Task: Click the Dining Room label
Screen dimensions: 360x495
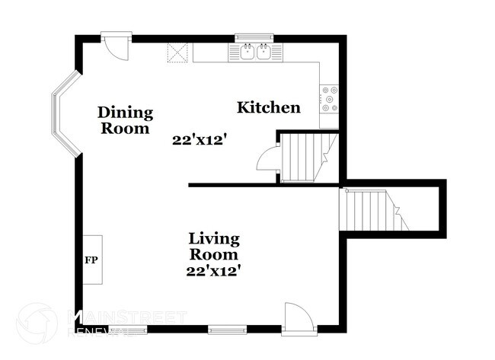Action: click(125, 120)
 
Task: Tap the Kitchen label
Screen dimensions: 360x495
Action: click(268, 107)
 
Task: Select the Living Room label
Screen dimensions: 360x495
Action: click(214, 247)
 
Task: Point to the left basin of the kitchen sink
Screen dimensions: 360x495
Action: click(247, 53)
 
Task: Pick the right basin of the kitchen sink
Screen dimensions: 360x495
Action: click(263, 53)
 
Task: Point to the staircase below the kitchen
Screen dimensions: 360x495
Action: click(305, 158)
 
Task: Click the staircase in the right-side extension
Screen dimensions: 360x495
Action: click(373, 210)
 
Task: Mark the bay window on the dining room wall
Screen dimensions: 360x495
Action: click(64, 114)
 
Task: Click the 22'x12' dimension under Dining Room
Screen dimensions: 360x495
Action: click(200, 140)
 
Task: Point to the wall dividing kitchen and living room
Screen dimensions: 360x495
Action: click(263, 184)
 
